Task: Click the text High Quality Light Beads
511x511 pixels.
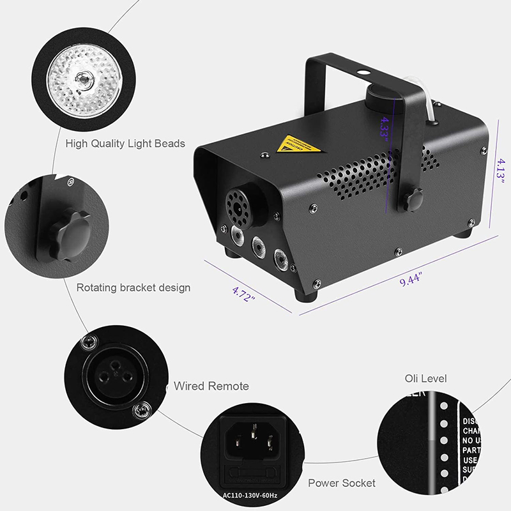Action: click(x=125, y=143)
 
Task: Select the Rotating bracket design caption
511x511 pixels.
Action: click(x=133, y=287)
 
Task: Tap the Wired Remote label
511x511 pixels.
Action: click(x=211, y=386)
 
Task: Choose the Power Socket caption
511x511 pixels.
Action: click(x=342, y=483)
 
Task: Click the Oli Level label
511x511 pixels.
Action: click(x=425, y=379)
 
